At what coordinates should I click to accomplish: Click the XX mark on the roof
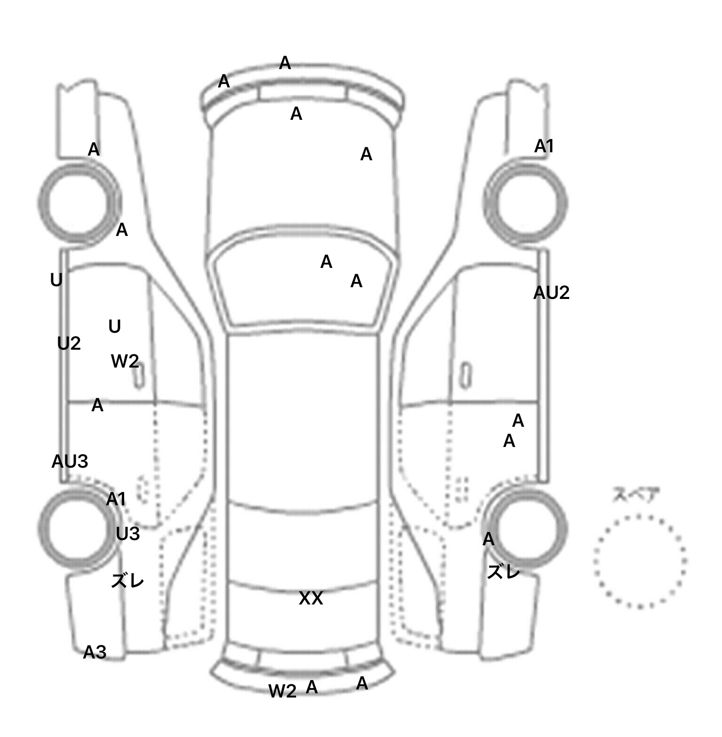pos(311,598)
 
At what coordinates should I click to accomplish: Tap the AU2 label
pos(551,293)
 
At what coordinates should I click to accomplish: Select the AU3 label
pos(70,462)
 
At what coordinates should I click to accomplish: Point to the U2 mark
pos(69,344)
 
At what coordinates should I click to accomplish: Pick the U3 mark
pos(127,534)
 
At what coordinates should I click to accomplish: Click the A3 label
pos(94,652)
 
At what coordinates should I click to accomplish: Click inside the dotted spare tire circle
pos(639,561)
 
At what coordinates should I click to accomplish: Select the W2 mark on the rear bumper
pos(282,691)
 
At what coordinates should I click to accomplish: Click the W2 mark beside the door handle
pos(125,361)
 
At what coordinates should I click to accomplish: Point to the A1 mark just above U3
pos(116,499)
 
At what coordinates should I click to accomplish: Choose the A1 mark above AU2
pos(544,147)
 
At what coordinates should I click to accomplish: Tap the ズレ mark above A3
pos(127,581)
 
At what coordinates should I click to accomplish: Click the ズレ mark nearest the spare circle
pos(503,572)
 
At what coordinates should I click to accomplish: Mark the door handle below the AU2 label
pos(465,375)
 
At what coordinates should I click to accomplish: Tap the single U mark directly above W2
pos(114,327)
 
